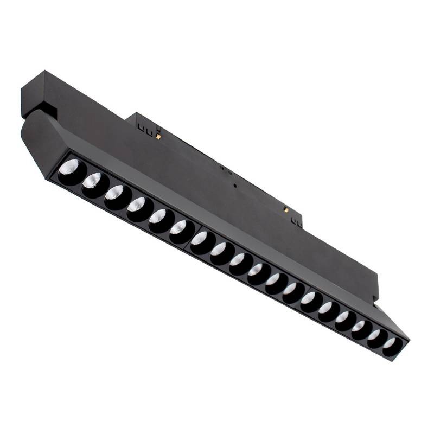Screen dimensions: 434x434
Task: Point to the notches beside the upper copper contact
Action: pos(143,128)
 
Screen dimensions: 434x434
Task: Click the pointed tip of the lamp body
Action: pos(408,341)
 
